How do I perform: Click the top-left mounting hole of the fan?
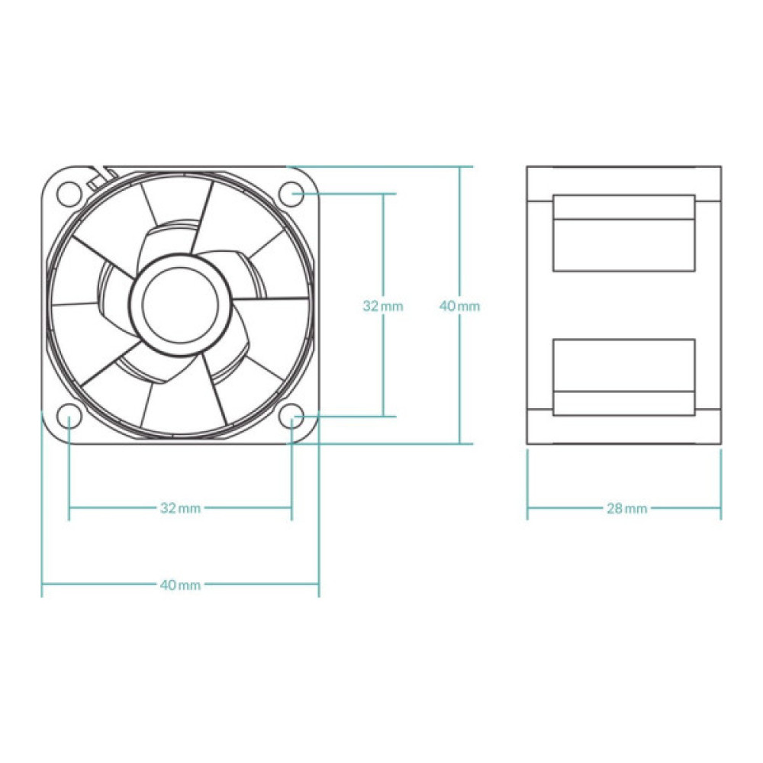(69, 194)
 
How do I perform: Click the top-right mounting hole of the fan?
(291, 194)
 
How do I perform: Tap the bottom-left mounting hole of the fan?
(69, 417)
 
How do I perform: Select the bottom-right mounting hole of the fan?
(291, 417)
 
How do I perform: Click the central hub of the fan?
(180, 304)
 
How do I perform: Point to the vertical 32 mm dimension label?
(382, 306)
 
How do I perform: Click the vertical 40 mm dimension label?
(459, 306)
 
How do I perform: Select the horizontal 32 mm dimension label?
(180, 507)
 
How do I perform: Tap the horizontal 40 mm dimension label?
(180, 585)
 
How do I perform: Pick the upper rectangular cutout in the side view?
(624, 233)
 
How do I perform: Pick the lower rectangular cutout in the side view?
(624, 377)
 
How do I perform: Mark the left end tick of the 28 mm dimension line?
(528, 507)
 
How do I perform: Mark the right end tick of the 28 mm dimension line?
(721, 507)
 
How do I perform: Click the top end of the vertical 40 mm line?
(459, 166)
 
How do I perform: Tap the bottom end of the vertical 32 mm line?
(383, 417)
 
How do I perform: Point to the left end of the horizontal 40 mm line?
(42, 585)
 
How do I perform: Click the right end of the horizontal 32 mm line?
(291, 507)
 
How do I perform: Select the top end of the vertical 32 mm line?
(383, 194)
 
